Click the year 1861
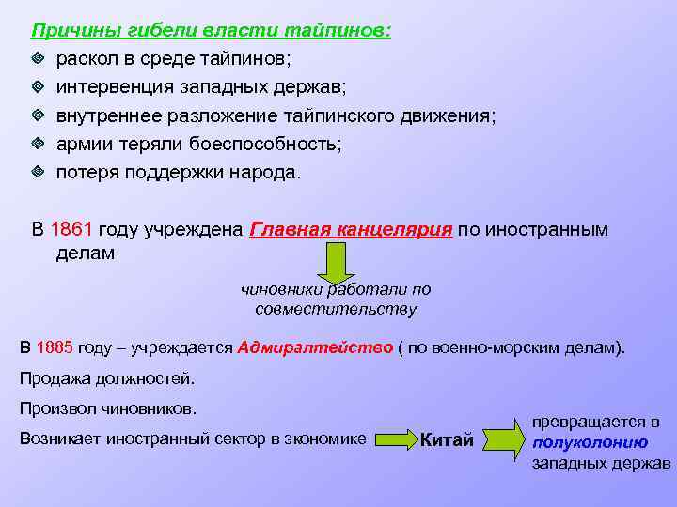[x=71, y=230]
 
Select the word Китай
[x=446, y=440]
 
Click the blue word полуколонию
[x=590, y=442]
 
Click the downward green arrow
[x=335, y=263]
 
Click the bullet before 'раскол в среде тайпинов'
[x=38, y=58]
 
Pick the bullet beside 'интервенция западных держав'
[x=38, y=87]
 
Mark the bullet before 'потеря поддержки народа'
[x=38, y=173]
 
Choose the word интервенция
[x=112, y=87]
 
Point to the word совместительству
[x=335, y=309]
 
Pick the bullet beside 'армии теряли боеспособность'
[x=38, y=145]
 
